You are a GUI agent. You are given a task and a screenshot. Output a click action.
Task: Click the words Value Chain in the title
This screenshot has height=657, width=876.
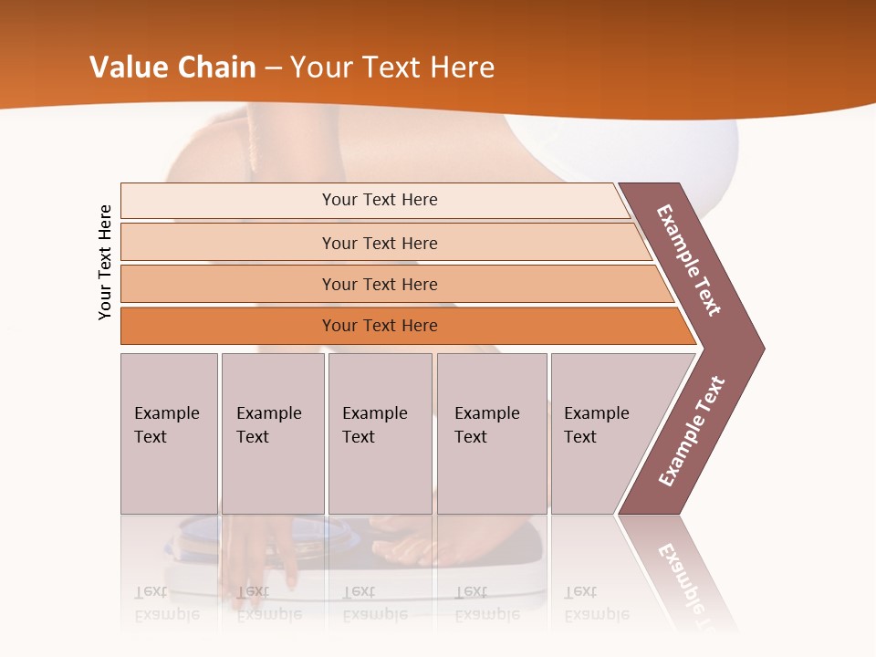(x=173, y=68)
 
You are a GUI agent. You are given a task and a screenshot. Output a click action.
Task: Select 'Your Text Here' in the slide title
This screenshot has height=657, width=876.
(x=392, y=68)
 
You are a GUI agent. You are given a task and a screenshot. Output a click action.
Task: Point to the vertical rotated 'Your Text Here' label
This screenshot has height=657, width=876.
(x=105, y=262)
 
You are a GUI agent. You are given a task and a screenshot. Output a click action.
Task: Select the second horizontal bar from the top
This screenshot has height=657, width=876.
(x=379, y=243)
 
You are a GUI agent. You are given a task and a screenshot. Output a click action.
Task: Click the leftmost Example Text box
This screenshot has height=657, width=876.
(x=169, y=433)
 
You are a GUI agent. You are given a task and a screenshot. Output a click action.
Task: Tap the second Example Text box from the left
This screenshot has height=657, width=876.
(x=272, y=433)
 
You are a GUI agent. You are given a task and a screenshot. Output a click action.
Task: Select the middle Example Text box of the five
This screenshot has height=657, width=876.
(x=380, y=433)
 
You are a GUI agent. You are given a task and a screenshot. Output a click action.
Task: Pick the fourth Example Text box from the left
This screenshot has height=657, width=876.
(x=491, y=433)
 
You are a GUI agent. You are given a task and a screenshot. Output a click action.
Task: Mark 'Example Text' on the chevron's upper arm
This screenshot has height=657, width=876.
(x=690, y=260)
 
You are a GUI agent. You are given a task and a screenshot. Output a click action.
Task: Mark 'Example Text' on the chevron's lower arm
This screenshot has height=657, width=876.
(x=692, y=431)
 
